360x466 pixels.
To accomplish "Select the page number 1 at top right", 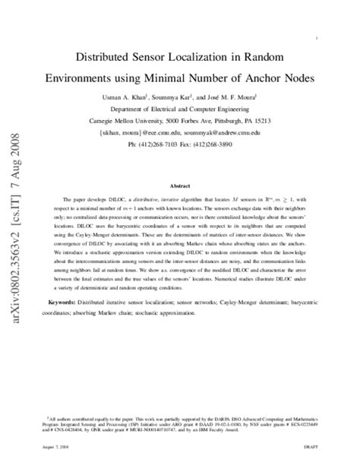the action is (315, 37).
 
